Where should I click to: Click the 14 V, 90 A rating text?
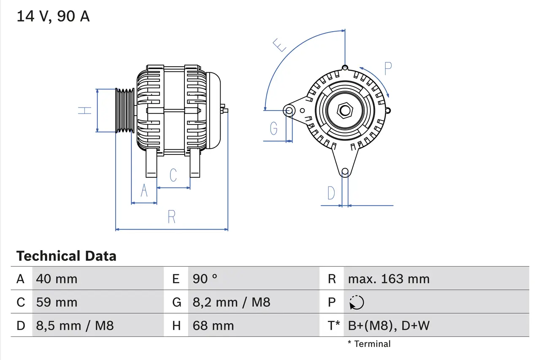pos(53,16)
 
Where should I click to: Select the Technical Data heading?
pos(66,256)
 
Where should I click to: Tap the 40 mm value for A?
pos(57,279)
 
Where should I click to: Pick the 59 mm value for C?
pos(57,302)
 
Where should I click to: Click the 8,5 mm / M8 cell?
pos(75,325)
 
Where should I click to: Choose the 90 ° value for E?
pos(205,279)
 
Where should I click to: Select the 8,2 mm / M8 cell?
pos(231,302)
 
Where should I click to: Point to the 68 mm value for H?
pos(213,325)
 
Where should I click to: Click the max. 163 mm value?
pos(389,279)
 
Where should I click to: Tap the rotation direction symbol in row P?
pos(356,302)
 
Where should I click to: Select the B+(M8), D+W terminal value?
pos(389,325)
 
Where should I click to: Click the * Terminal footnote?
pos(369,344)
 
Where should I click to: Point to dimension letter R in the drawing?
pos(171,217)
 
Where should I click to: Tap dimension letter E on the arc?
pos(279,44)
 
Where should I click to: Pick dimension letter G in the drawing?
pos(274,128)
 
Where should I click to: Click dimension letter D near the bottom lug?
pos(331,193)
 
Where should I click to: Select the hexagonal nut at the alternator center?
pos(345,111)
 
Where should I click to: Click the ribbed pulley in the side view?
pos(125,111)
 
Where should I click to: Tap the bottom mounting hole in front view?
pos(345,171)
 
